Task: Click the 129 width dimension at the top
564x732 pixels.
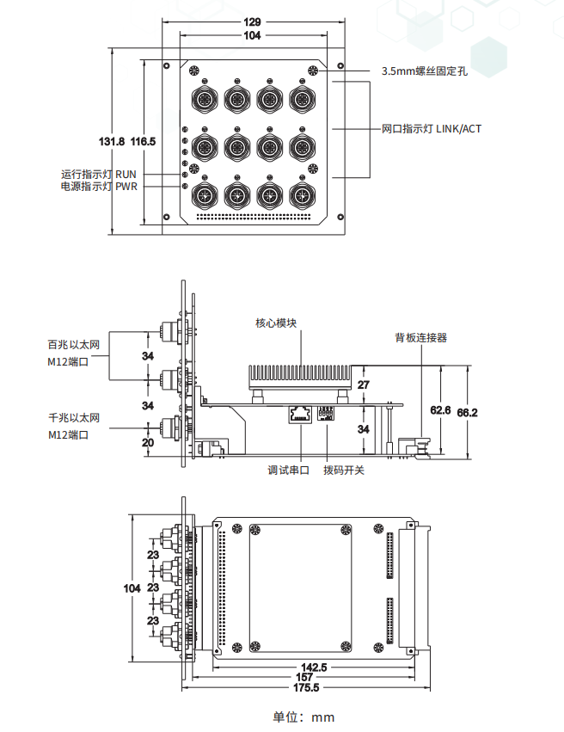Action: [252, 21]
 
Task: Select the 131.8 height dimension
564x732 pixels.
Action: [113, 140]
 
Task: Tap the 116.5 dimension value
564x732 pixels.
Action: [143, 140]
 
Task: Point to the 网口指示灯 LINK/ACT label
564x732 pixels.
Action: [431, 129]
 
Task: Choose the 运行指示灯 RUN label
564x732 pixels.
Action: [98, 173]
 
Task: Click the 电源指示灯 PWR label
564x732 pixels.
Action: [98, 186]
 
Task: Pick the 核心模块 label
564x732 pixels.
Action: [276, 324]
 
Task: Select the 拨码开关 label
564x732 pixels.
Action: [344, 471]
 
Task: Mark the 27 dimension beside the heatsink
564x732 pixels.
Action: [363, 384]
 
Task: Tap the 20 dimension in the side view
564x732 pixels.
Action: [147, 442]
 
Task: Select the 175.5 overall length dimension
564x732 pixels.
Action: [306, 688]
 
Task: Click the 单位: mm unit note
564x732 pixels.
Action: [303, 717]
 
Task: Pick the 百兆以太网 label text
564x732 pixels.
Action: [74, 345]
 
